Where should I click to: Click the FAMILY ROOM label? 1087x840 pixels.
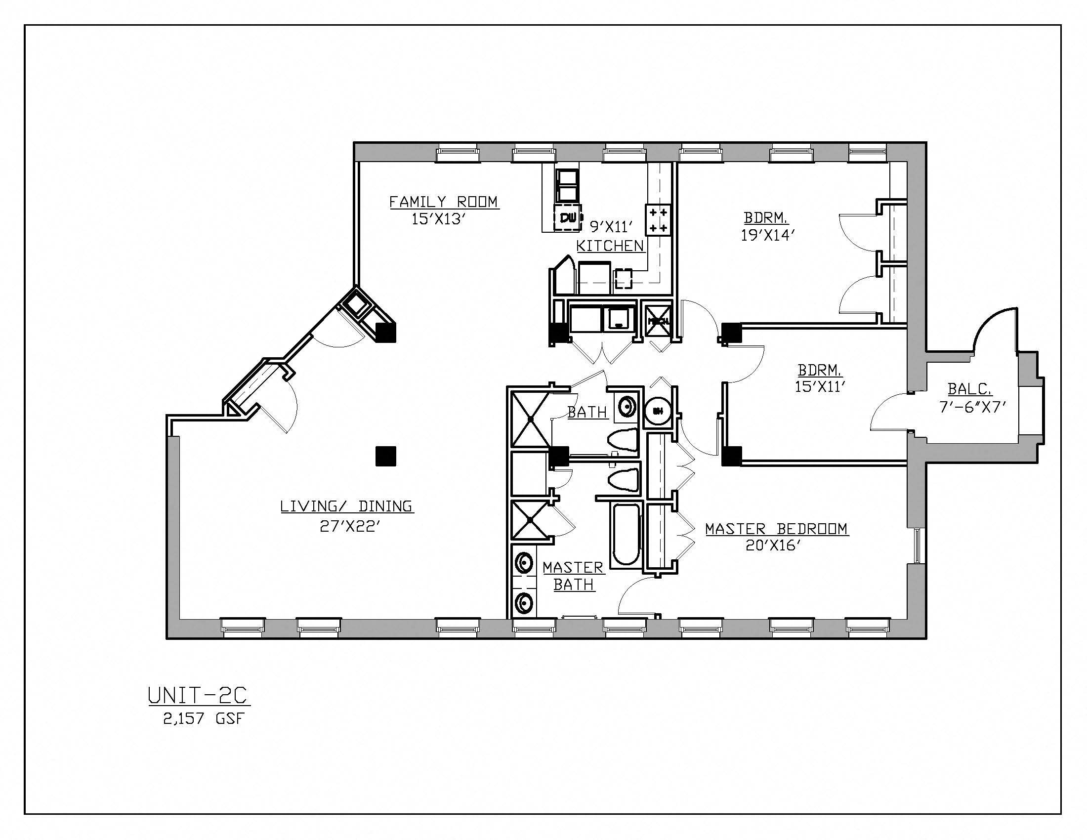point(443,202)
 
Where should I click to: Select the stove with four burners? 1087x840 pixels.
point(658,219)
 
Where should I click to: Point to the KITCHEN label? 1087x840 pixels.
point(610,246)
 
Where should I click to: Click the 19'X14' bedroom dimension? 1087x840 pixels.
point(765,235)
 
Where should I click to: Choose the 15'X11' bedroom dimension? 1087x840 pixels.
point(820,387)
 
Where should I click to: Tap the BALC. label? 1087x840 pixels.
point(969,389)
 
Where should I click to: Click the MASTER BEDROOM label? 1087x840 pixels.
point(776,529)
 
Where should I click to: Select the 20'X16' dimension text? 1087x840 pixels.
point(773,546)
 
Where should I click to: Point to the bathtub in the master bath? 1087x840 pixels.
point(626,535)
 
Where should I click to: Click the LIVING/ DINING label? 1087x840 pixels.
point(347,506)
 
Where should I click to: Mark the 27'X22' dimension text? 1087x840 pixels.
point(350,527)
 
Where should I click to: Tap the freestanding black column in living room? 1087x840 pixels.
point(386,457)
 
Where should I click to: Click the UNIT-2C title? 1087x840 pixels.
point(198,696)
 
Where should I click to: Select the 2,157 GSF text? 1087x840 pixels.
point(204,719)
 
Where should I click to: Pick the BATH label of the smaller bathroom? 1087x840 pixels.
point(587,412)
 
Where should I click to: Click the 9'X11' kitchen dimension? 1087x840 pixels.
point(611,227)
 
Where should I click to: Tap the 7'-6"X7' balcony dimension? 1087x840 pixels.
point(973,407)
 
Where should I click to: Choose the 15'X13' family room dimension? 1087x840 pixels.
point(438,219)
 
